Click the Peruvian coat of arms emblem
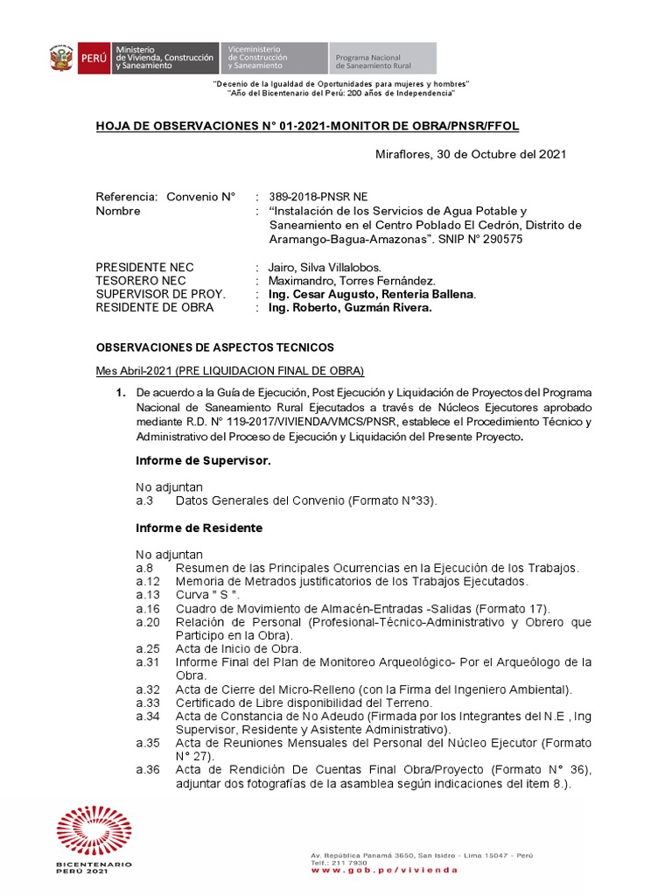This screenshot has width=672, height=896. click(61, 58)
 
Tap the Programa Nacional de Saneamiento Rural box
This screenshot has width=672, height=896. click(382, 59)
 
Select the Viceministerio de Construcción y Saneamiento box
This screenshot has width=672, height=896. click(275, 58)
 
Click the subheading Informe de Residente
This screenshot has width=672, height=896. click(199, 528)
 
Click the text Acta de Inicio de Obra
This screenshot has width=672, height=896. click(238, 648)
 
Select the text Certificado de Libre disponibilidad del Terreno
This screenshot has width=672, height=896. click(304, 702)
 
